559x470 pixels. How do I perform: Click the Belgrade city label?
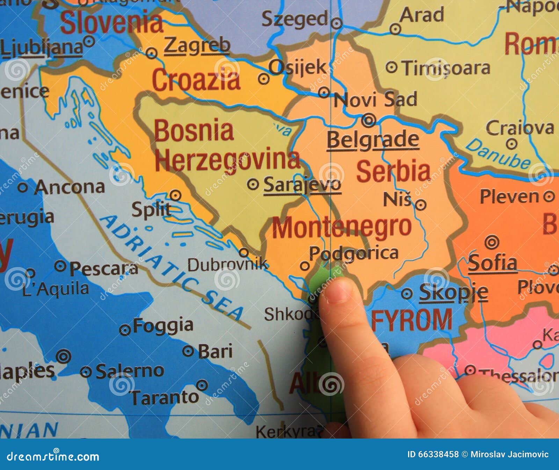[373, 140]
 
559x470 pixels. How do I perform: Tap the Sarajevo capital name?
[302, 185]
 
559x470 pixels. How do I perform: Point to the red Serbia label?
[393, 171]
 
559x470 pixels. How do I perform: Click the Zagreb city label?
[197, 46]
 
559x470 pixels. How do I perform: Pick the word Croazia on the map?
[196, 80]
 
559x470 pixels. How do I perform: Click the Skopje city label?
[453, 292]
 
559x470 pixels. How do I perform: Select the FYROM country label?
[412, 320]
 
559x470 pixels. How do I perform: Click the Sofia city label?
[492, 263]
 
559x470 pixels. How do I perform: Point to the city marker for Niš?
[421, 205]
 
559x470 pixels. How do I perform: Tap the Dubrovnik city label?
[227, 265]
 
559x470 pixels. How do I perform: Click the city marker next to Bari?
[188, 351]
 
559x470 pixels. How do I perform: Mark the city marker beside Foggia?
[125, 330]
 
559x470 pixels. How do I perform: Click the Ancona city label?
[70, 188]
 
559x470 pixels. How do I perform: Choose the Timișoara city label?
[445, 68]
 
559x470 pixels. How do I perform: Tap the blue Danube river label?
[498, 153]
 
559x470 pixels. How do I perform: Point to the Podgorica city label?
[354, 253]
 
